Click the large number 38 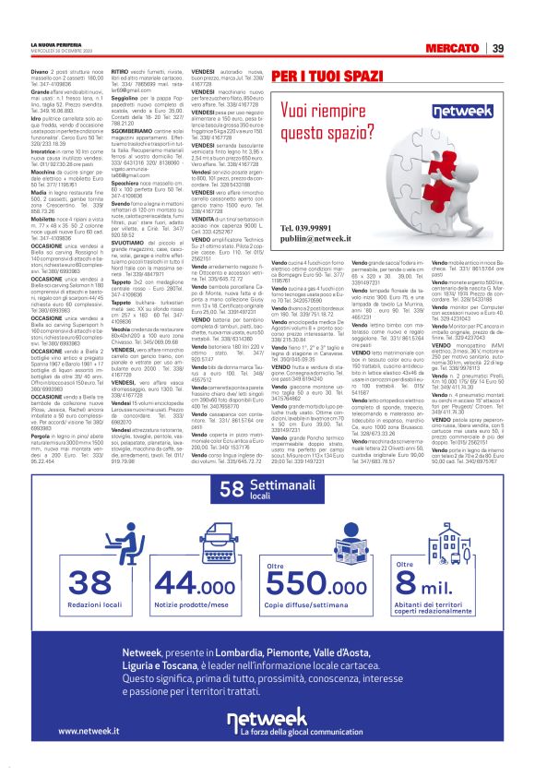89,580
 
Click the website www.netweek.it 95,731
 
